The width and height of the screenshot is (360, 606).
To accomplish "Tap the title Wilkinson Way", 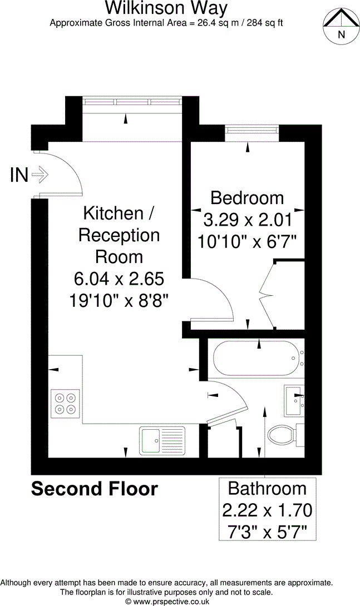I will pyautogui.click(x=166, y=8).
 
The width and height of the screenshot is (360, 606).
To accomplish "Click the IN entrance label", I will pyautogui.click(x=19, y=176).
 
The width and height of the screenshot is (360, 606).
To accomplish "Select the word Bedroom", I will pyautogui.click(x=247, y=197).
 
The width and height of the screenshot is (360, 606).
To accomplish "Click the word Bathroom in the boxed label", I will pyautogui.click(x=268, y=489).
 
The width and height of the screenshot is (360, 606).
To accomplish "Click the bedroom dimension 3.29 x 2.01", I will pyautogui.click(x=248, y=220).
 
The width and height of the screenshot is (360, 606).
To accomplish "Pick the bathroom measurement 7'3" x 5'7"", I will pyautogui.click(x=268, y=532).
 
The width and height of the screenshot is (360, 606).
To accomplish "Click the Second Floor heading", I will pyautogui.click(x=95, y=489).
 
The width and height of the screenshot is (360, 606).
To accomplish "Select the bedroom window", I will pyautogui.click(x=251, y=130).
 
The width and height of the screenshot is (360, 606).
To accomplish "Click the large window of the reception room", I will pyautogui.click(x=132, y=102).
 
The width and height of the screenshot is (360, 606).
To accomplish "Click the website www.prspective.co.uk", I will pyautogui.click(x=167, y=601).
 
